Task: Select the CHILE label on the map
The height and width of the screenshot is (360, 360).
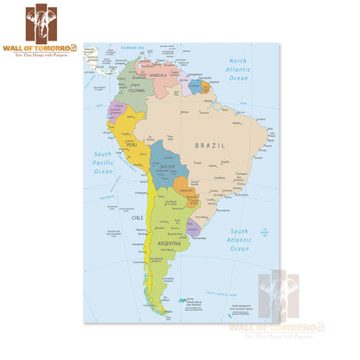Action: (137, 218)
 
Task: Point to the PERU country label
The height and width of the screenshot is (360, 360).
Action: (132, 145)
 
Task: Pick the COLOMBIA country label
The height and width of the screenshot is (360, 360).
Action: (137, 89)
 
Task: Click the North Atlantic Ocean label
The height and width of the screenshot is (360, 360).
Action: (238, 69)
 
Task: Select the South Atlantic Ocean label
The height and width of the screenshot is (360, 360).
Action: (239, 240)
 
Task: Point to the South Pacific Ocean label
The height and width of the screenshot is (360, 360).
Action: (104, 163)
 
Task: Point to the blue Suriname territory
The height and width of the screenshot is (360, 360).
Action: (196, 87)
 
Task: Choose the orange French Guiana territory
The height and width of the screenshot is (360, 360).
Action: (206, 87)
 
